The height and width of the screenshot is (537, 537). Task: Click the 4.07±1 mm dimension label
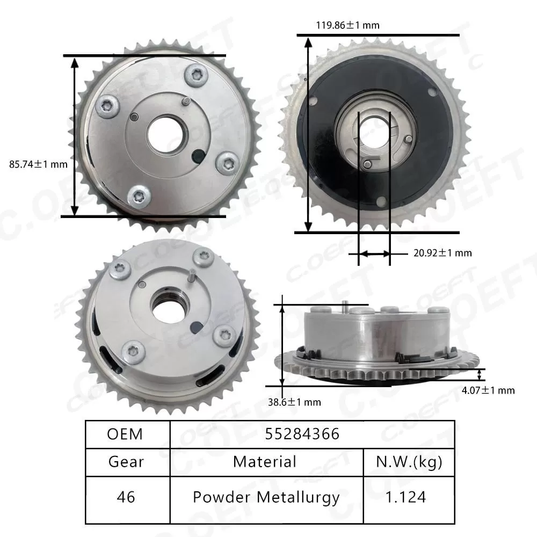488,390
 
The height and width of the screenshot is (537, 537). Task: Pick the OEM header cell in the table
125,434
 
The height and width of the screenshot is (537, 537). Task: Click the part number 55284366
302,434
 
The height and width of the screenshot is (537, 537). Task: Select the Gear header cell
125,461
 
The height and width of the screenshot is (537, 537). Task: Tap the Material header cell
265,461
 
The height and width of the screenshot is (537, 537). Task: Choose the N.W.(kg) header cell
409,461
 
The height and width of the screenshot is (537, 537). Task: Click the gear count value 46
125,497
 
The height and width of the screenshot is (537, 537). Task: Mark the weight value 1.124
409,497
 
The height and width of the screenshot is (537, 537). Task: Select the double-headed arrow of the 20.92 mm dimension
374,253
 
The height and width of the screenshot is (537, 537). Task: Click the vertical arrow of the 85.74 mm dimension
75,136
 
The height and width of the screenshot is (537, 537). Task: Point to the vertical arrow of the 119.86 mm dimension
308,134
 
